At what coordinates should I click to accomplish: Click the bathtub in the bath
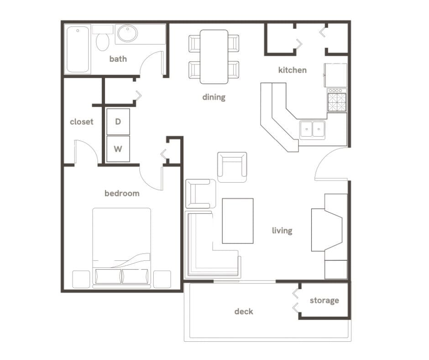pyautogui.click(x=78, y=49)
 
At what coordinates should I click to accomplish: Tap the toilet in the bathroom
pyautogui.click(x=103, y=40)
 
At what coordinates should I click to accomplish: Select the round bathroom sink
pyautogui.click(x=127, y=34)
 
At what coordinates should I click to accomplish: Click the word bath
pyautogui.click(x=118, y=59)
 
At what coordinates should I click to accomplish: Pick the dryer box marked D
pyautogui.click(x=118, y=122)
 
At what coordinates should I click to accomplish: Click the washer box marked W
pyautogui.click(x=118, y=149)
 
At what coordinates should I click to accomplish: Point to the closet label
pyautogui.click(x=82, y=122)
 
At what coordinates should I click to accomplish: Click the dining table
pyautogui.click(x=214, y=57)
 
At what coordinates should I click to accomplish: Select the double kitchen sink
pyautogui.click(x=312, y=129)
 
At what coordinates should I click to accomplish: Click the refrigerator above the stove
pyautogui.click(x=335, y=75)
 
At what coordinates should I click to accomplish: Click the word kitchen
pyautogui.click(x=293, y=70)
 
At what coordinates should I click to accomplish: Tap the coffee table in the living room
pyautogui.click(x=237, y=221)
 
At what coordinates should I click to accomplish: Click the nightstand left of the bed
pyautogui.click(x=81, y=279)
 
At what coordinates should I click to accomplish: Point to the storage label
pyautogui.click(x=324, y=301)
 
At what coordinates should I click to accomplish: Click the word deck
pyautogui.click(x=244, y=312)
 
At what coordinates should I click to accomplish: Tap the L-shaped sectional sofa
pyautogui.click(x=201, y=256)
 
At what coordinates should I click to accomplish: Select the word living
pyautogui.click(x=282, y=231)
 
